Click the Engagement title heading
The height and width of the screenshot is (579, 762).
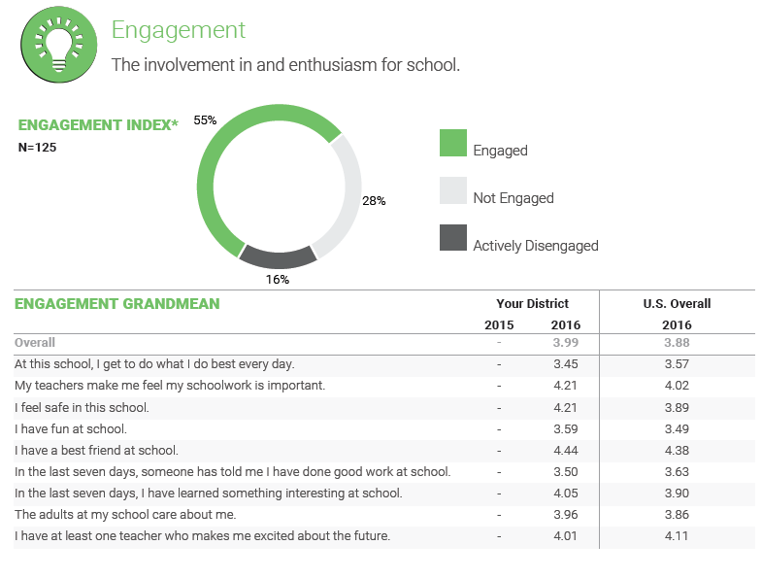point(179,30)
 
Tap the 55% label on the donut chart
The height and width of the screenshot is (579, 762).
point(205,120)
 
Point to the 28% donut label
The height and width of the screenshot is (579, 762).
point(374,201)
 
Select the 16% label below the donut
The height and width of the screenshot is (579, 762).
point(278,279)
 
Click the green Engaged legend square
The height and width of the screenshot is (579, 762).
point(453,143)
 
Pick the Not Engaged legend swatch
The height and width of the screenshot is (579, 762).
point(453,190)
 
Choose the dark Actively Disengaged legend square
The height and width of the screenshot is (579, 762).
point(453,238)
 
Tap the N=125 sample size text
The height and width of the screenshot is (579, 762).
point(38,148)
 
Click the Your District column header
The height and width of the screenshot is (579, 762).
point(532,304)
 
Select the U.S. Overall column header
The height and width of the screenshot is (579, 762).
point(677,304)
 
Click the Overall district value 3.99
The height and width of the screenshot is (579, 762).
point(565,343)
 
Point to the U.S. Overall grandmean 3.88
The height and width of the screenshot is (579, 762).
point(677,343)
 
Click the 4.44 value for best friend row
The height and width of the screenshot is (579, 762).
point(565,451)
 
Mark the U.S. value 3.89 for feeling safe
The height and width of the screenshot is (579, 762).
point(677,408)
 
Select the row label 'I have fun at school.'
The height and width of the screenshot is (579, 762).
point(71,429)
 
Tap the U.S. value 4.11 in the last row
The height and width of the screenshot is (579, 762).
point(677,536)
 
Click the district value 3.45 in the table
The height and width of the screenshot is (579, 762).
point(565,364)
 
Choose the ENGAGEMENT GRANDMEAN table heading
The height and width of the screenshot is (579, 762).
point(116,304)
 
